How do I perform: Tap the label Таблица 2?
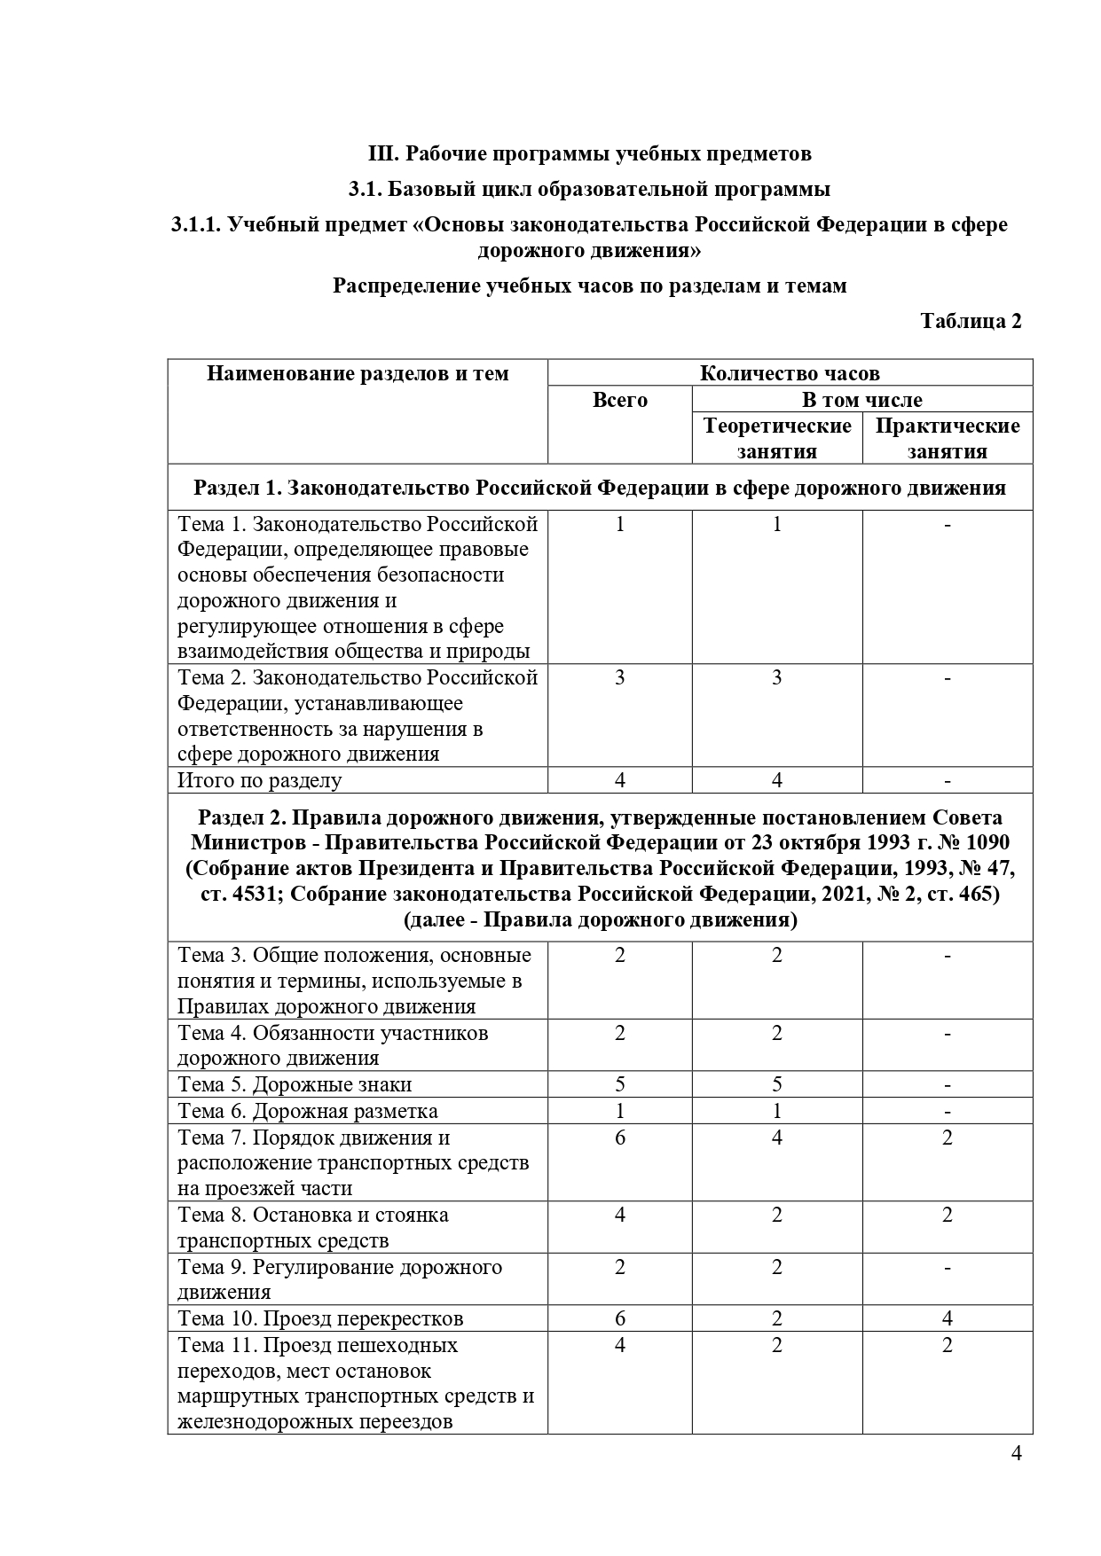(x=971, y=321)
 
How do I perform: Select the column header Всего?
(x=619, y=401)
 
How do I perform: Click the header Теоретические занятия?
(x=777, y=439)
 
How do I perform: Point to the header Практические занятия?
(x=948, y=439)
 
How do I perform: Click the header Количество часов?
(x=790, y=373)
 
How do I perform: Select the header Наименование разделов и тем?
(x=358, y=373)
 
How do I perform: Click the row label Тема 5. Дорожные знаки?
(x=295, y=1084)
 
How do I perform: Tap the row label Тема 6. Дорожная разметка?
(x=308, y=1111)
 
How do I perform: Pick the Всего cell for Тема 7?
(x=619, y=1138)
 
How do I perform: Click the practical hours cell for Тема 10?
(x=948, y=1318)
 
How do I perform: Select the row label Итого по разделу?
(x=259, y=780)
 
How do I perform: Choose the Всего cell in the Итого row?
(x=619, y=780)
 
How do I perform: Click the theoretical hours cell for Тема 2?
(x=777, y=678)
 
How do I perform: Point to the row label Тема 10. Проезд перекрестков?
(x=320, y=1318)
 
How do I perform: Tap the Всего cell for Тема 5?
(x=619, y=1084)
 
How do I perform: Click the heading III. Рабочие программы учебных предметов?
(x=589, y=153)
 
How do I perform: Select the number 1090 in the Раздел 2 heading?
(x=984, y=842)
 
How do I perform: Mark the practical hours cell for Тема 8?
(x=948, y=1216)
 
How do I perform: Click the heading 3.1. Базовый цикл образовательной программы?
(x=589, y=189)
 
